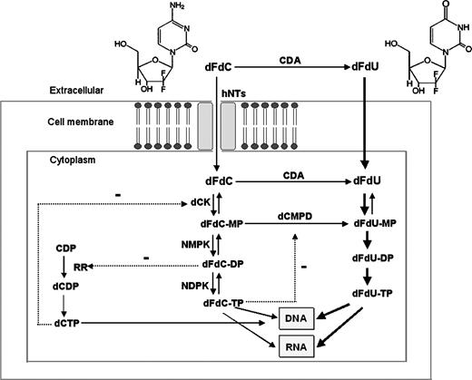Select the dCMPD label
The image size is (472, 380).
(x=293, y=242)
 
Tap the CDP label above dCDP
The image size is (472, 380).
(x=65, y=247)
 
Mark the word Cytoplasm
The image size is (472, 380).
(x=58, y=157)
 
